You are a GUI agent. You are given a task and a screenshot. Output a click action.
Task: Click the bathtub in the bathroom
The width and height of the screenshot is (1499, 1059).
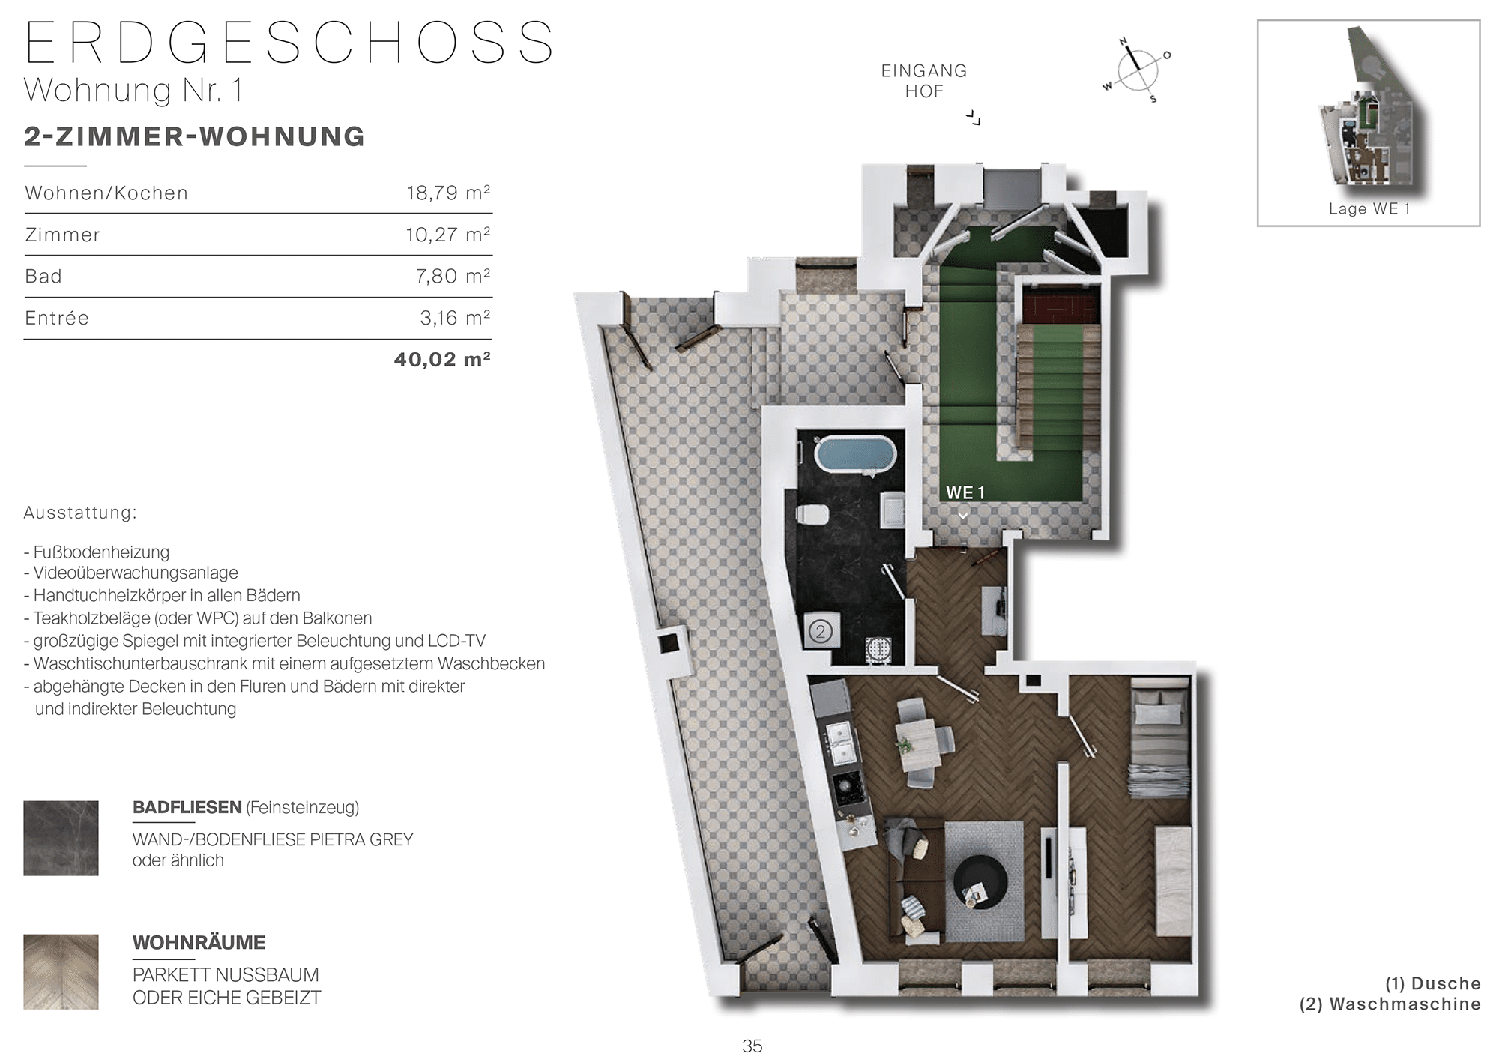pyautogui.click(x=854, y=454)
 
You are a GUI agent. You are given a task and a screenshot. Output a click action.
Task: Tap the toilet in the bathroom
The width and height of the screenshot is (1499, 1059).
pyautogui.click(x=811, y=515)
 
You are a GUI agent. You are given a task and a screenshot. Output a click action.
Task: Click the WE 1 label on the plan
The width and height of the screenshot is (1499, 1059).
pyautogui.click(x=965, y=493)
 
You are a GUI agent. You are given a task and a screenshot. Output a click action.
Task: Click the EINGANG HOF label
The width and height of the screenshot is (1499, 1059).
pyautogui.click(x=924, y=81)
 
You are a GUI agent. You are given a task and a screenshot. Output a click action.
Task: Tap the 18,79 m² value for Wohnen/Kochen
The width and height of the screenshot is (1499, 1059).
pyautogui.click(x=448, y=193)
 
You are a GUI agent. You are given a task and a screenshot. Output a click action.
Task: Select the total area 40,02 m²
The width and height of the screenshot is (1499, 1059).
pyautogui.click(x=442, y=360)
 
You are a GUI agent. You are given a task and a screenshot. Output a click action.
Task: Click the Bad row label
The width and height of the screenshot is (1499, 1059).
pyautogui.click(x=43, y=277)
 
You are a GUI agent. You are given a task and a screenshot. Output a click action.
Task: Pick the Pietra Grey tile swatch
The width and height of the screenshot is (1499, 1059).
pyautogui.click(x=61, y=838)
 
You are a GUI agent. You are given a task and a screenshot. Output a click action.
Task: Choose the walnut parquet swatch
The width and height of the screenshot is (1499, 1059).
pyautogui.click(x=61, y=971)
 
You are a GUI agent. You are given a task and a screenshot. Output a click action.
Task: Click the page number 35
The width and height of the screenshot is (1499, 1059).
pyautogui.click(x=752, y=1046)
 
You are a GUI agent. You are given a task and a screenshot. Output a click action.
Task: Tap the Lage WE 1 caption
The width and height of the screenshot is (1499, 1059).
pyautogui.click(x=1369, y=209)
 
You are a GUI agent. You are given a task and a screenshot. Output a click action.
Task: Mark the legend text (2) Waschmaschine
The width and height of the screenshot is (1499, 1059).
pyautogui.click(x=1390, y=1004)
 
